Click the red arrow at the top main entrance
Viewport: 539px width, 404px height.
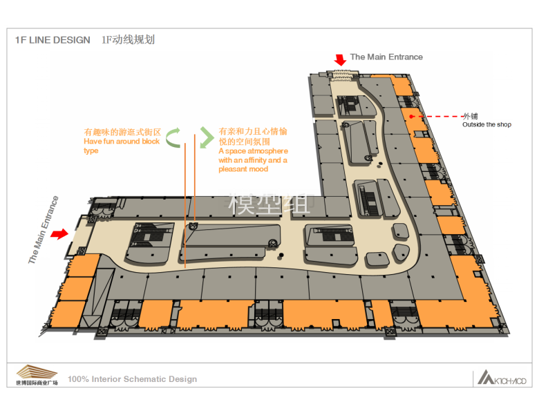click(x=340, y=60)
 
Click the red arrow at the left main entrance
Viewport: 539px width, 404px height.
click(x=59, y=234)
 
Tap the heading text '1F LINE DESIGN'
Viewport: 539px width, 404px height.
click(x=53, y=40)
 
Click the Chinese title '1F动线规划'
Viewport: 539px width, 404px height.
click(x=129, y=40)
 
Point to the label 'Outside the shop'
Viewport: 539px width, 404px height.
click(x=486, y=125)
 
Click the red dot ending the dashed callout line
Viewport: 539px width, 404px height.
click(x=411, y=117)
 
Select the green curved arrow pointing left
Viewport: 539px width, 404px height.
click(x=173, y=137)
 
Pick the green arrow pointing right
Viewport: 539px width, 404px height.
click(x=207, y=137)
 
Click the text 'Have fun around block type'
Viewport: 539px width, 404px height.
click(x=122, y=146)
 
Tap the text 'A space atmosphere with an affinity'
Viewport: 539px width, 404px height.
click(x=253, y=155)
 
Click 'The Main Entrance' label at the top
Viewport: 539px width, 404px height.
click(x=386, y=57)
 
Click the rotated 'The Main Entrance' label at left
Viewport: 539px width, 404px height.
click(x=44, y=230)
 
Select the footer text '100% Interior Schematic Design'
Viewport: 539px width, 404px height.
click(x=133, y=379)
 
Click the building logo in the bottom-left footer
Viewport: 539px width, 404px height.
click(x=37, y=375)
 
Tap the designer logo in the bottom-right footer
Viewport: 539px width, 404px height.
click(x=502, y=378)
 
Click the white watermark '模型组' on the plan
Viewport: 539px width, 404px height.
click(x=269, y=203)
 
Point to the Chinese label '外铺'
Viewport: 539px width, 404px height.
click(x=471, y=116)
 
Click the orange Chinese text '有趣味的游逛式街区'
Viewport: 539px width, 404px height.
click(x=122, y=133)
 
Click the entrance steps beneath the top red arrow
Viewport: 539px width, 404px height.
click(x=342, y=75)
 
